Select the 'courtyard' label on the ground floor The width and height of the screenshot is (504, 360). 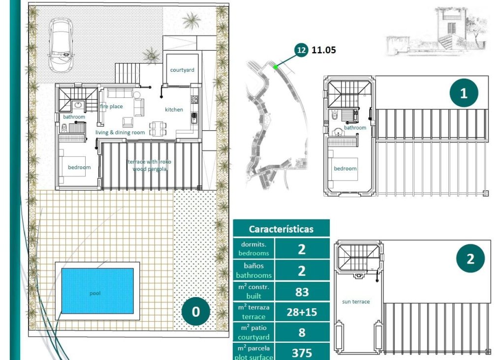point(182,70)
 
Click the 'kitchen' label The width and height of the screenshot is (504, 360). point(174,110)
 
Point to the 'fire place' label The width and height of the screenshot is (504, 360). point(111,106)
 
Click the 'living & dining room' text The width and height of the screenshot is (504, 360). point(120,132)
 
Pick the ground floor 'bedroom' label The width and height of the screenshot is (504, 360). point(79,167)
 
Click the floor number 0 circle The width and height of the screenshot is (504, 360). point(196,312)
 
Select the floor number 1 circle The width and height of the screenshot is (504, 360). point(463,93)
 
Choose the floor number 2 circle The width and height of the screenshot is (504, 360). point(470,259)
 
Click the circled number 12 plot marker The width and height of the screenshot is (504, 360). point(301,50)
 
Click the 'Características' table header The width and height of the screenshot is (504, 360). point(281,229)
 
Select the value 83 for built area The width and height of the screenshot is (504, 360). point(302,292)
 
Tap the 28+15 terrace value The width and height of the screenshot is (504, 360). point(302,312)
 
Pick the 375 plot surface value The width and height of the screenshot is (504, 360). point(302,353)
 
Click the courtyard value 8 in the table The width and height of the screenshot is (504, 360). point(302,332)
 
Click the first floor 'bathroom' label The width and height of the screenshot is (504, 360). point(355,128)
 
